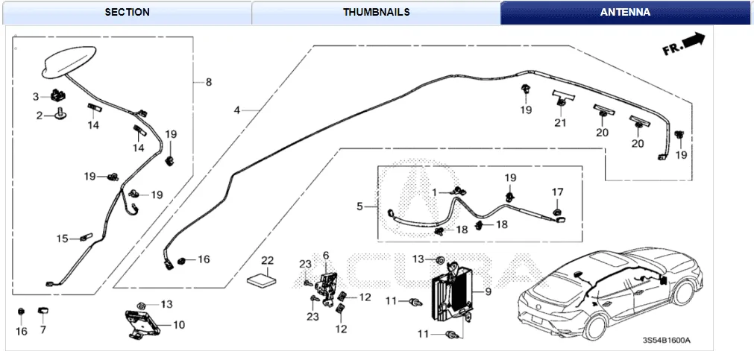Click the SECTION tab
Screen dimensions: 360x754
coord(127,12)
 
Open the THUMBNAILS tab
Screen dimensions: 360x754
coord(377,12)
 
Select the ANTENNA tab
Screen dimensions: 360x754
coord(625,12)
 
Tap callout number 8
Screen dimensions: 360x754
coord(208,82)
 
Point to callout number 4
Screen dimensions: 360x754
coord(236,110)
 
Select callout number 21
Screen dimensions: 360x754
coord(560,123)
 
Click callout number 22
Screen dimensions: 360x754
coord(268,260)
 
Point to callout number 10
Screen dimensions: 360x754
coord(179,325)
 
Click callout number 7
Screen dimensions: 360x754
coord(43,330)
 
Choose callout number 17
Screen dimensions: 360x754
coord(557,192)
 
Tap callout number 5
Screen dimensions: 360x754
coord(359,206)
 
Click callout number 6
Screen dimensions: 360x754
coord(326,256)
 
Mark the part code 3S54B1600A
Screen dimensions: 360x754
coord(667,340)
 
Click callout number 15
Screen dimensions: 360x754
coord(63,239)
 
